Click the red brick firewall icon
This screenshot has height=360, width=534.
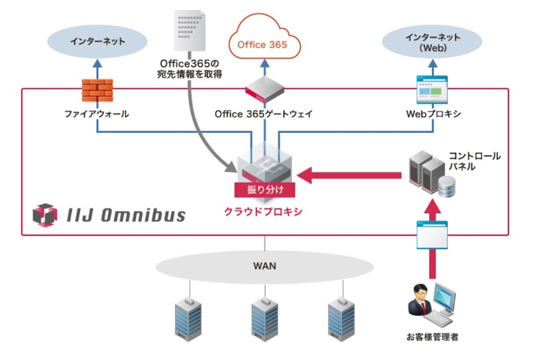pyautogui.click(x=97, y=91)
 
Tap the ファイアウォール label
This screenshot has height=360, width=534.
pyautogui.click(x=97, y=114)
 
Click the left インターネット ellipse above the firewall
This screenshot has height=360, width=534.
pyautogui.click(x=97, y=41)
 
